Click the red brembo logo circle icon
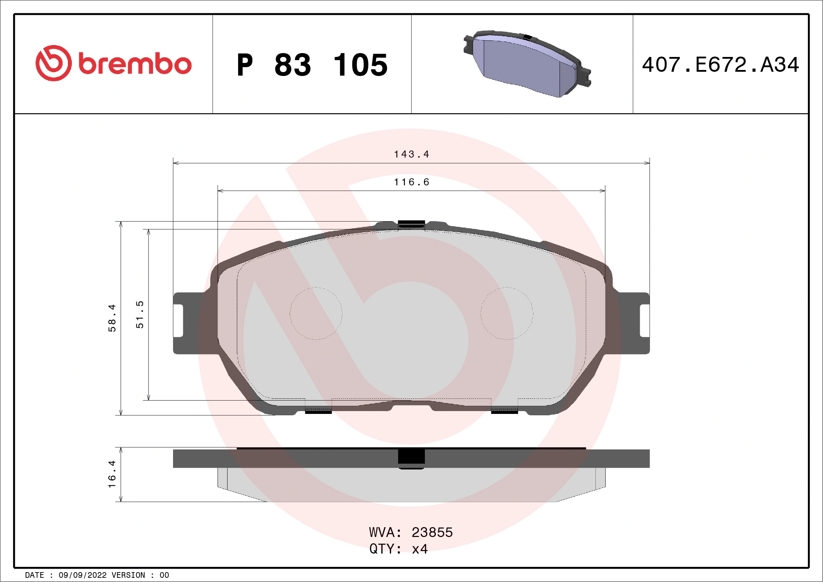tap(53, 63)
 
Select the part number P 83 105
tap(312, 65)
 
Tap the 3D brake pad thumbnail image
tap(527, 64)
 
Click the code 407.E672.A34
tap(720, 65)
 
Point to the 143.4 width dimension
tap(412, 154)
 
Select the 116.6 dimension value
tap(412, 182)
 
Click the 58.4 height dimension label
tap(112, 318)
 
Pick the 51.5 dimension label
tap(140, 315)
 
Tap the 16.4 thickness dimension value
tap(112, 474)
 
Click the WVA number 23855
tap(432, 532)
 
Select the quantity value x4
tap(420, 549)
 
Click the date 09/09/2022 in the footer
tap(82, 575)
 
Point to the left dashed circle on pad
tap(316, 313)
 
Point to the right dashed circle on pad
tap(506, 313)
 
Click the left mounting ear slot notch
tap(179, 321)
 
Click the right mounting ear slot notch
tap(644, 321)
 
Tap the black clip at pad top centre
tap(411, 224)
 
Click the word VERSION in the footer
tap(128, 575)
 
